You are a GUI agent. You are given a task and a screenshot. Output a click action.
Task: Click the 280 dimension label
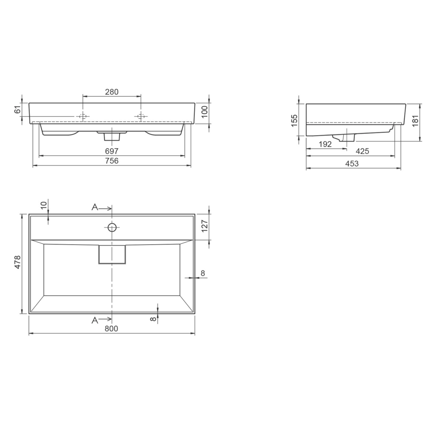coord(112,92)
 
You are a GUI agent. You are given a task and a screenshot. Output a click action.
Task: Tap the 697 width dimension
coord(112,151)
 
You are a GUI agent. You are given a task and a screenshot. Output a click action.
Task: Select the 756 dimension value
coord(112,161)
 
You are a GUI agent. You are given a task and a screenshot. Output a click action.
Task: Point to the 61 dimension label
coord(18,110)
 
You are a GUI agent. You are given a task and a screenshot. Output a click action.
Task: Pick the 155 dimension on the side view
coord(294,120)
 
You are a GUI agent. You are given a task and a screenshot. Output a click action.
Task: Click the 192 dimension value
coord(325,144)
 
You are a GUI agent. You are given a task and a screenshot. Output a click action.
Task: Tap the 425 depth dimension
coord(362,151)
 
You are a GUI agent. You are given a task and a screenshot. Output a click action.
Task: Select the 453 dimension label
coord(352,164)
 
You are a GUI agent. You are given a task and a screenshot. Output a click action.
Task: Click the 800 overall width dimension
coord(111,329)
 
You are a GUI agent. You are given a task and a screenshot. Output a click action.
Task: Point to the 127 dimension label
coord(204,226)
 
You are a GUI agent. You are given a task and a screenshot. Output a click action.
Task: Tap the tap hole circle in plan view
coord(112,227)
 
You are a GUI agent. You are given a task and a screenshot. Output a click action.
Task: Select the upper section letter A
coord(95,207)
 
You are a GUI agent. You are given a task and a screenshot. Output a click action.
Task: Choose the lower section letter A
coord(95,320)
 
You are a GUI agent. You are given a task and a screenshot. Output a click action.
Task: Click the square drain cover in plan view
coord(112,254)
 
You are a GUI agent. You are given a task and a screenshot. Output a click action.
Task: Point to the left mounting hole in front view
coord(83,116)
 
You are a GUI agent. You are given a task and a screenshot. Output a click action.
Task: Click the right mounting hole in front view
coord(141,116)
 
